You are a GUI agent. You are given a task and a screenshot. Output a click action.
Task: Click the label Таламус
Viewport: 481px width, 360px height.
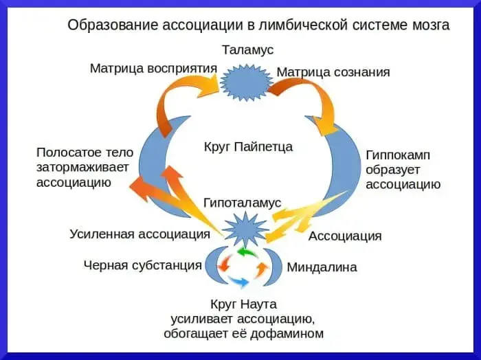click(x=247, y=51)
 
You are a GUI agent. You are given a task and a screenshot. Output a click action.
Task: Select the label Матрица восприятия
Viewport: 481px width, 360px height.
click(x=153, y=69)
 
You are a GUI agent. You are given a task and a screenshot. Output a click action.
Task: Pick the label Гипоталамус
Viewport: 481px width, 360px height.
click(x=243, y=203)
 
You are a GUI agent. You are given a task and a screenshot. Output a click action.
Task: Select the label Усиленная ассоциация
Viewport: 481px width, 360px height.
click(x=139, y=234)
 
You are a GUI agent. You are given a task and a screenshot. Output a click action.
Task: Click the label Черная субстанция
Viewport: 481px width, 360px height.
click(x=142, y=265)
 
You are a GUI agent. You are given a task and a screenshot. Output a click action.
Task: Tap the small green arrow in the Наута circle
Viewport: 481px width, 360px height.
click(x=245, y=253)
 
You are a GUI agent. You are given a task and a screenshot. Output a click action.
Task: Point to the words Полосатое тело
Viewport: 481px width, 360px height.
click(x=85, y=153)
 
